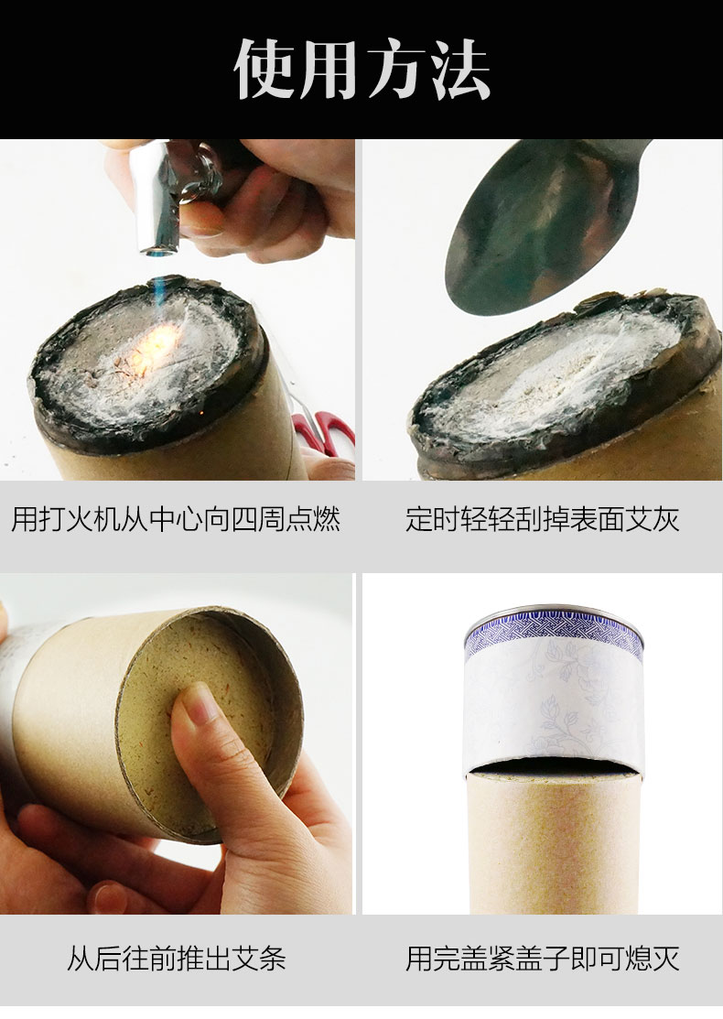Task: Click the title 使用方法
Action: coord(361,69)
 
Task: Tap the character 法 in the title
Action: coord(459,69)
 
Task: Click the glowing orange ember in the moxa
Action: coord(156,344)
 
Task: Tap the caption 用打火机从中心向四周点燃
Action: coord(176,519)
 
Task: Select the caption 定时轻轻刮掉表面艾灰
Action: coord(543,519)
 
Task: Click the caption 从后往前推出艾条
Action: coord(176,959)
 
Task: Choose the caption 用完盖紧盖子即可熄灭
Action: coord(543,959)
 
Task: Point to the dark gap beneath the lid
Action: coord(553,767)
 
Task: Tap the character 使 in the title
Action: coord(264,69)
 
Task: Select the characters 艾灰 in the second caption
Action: coord(653,519)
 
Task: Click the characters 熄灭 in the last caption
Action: coord(653,959)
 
